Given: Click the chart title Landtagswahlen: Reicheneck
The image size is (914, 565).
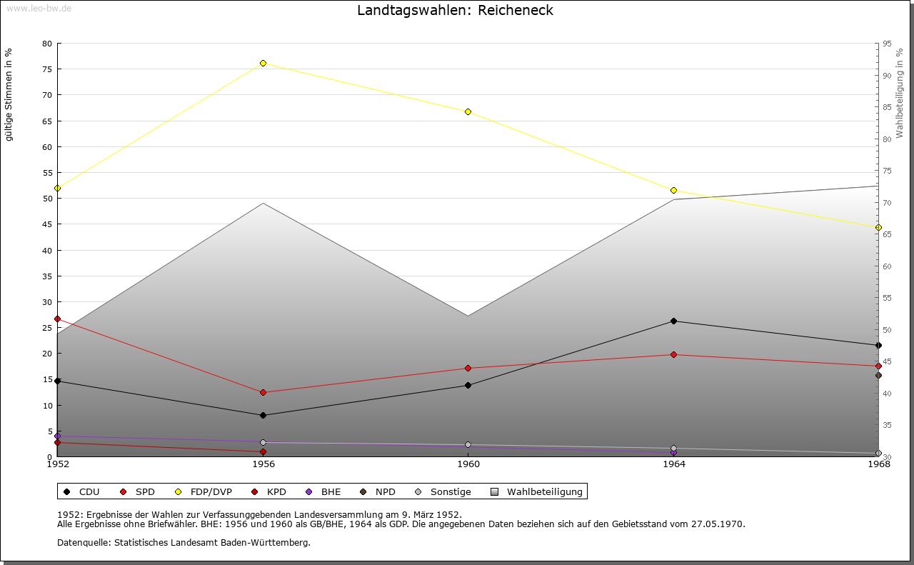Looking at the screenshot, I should point(455,10).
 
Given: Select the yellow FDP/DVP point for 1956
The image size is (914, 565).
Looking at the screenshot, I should point(263,63).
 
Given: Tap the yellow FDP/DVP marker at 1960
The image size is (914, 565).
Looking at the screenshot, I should point(468,111).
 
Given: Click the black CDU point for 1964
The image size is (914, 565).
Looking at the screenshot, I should point(673,321).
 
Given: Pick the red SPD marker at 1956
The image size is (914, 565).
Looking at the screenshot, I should point(263,392).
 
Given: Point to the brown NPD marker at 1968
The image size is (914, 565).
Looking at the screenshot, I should point(878,375).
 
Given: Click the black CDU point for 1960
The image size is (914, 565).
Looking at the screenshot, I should point(468,385).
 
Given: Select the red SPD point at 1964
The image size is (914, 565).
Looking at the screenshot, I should point(673,354).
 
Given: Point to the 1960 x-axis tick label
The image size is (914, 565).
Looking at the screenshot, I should point(468,464).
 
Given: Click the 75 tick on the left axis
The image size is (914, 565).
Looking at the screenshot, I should point(47,69).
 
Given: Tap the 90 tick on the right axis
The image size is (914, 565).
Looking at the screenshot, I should point(886,75).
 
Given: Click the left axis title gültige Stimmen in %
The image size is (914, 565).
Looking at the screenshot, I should point(9,94).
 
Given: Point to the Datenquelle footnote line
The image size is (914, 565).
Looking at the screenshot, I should point(184,542).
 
